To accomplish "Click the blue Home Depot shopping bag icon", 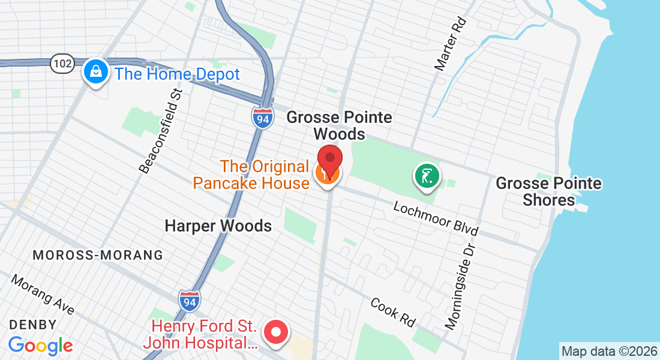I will coord(95,73).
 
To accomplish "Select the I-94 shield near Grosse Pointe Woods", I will coord(262,117).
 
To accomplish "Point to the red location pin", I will coord(329,160).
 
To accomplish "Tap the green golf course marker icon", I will coord(426,177).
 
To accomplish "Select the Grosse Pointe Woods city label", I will coord(339,125).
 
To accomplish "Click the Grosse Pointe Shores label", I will coord(548,191).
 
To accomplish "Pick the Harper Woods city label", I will coord(218,226).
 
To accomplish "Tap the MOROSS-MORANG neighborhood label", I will coord(98,255).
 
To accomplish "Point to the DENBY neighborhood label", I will coord(33,325).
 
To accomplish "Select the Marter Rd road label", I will coord(451,44).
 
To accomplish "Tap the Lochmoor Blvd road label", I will coord(436,218).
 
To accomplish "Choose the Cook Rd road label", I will coord(393,313).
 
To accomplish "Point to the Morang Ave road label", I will coord(43,295).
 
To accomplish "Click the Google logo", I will coord(40,346).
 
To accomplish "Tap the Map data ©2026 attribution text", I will coord(609,350).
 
